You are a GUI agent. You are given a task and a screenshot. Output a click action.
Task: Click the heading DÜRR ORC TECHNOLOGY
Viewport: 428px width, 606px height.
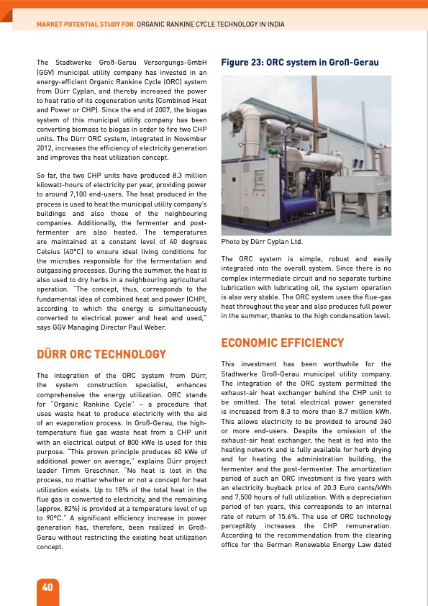(x=101, y=355)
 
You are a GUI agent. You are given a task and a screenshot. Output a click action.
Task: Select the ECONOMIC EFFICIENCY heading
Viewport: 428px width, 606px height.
(x=273, y=343)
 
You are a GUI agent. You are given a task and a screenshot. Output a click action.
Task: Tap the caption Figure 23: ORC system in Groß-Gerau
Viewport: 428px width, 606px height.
(x=300, y=63)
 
